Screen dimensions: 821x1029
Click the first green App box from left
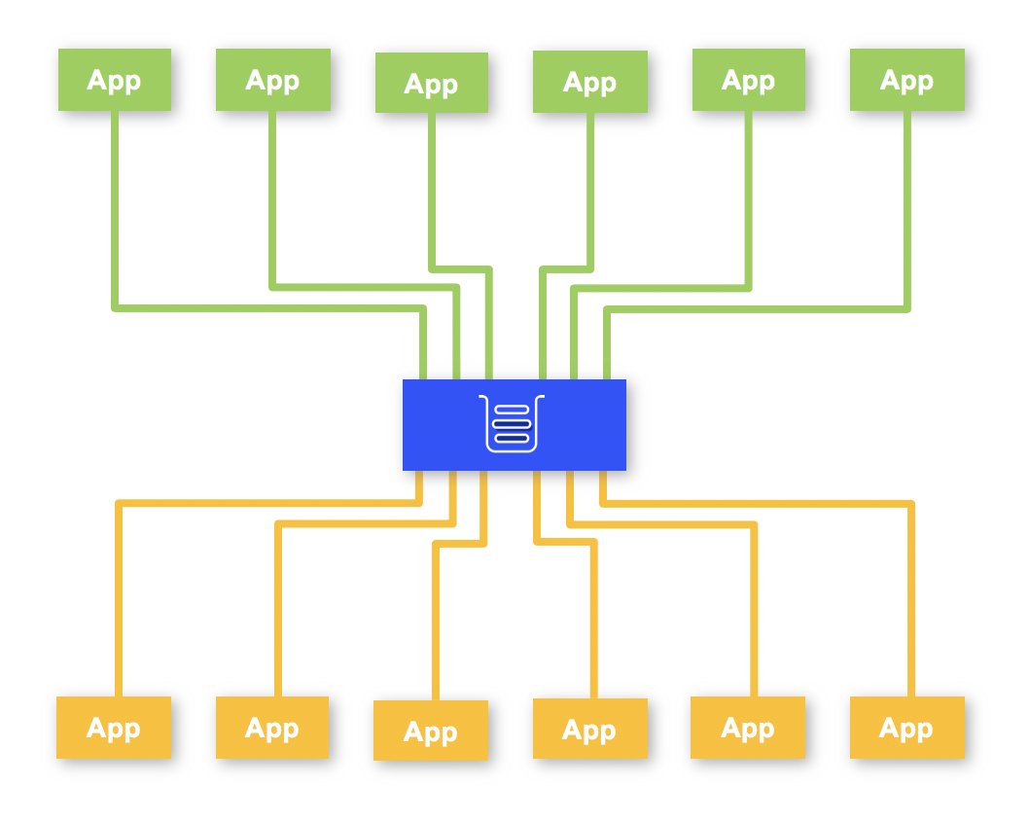[114, 80]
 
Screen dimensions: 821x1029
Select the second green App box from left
[272, 80]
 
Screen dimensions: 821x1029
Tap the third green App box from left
[431, 84]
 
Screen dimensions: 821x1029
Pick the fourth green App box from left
[589, 82]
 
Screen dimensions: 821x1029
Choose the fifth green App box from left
[748, 80]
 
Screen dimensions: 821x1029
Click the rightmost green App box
[906, 80]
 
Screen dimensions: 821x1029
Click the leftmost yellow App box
[114, 728]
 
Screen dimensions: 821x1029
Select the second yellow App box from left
[272, 728]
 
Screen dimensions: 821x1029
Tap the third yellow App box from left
[431, 731]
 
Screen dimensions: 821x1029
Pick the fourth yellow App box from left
[589, 730]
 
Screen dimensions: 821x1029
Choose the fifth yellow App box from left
[748, 728]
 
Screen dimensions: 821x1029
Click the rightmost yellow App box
[906, 728]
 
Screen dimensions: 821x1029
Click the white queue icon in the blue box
[514, 424]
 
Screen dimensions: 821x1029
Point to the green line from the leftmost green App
[115, 214]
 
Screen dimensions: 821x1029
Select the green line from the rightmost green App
[907, 214]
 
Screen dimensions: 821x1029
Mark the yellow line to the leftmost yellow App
[119, 603]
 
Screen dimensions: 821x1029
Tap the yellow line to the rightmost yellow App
[912, 603]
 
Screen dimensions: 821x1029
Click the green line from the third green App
[432, 195]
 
